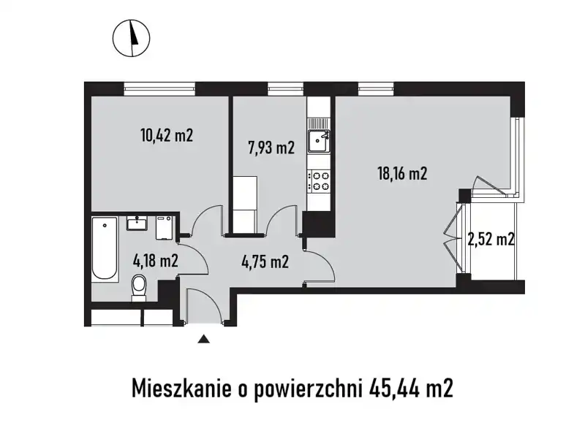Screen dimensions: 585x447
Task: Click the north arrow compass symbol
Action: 132,38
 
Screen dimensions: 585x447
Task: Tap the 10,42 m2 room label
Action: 167,135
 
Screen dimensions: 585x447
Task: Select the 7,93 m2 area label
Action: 271,148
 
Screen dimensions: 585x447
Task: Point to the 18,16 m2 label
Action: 403,174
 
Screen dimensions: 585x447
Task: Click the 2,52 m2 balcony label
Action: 491,239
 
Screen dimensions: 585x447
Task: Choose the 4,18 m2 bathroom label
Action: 155,261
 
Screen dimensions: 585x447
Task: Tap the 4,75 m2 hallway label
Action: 265,261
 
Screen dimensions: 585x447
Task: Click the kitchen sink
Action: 319,141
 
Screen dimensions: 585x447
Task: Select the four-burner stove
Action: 319,180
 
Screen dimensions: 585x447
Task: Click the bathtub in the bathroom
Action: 105,248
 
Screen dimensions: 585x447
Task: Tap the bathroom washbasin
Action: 137,223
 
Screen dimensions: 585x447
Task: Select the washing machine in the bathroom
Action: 164,228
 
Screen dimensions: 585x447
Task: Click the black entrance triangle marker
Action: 203,339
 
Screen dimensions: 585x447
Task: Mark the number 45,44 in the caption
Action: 396,389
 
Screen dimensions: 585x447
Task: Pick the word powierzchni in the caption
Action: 308,389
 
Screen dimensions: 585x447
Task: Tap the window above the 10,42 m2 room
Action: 159,89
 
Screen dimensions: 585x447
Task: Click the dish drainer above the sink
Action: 319,123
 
